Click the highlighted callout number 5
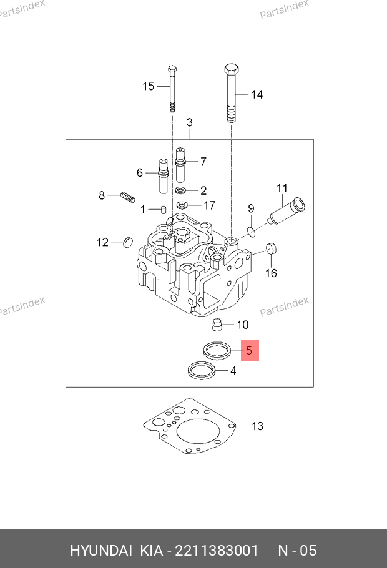point(248,351)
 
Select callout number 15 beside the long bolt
point(148,86)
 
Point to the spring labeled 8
point(128,197)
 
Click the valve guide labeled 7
point(181,164)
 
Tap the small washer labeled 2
point(180,190)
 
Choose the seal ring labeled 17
point(183,205)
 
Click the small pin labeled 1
point(162,209)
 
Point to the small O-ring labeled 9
point(251,232)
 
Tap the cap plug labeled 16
point(272,248)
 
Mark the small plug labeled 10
point(217,325)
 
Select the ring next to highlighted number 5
point(216,350)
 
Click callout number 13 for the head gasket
point(258,426)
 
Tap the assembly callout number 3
point(189,122)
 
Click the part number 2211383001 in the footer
point(217,551)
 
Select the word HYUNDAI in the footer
point(100,551)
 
